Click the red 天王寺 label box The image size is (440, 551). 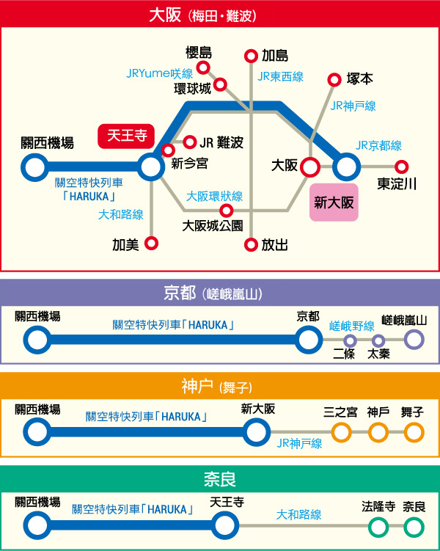coord(126,136)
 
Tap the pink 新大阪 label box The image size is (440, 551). coord(334,202)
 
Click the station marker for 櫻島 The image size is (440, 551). coord(203,67)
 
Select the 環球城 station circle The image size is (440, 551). coord(220,84)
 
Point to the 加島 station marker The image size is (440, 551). coord(251,56)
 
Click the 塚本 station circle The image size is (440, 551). coord(334,80)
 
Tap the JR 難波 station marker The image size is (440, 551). coord(190,142)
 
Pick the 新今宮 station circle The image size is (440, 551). coord(168,150)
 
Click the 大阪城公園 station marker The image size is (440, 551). coord(226,211)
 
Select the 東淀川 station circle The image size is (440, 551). coord(401,167)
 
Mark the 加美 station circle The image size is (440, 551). coord(151,243)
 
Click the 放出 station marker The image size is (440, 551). coord(251,245)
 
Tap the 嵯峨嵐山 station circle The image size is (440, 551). coord(414,340)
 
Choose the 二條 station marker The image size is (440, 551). coord(350,340)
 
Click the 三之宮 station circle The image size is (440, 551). coord(341,432)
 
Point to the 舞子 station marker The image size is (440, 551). coord(414,432)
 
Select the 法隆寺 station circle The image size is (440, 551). coord(378,527)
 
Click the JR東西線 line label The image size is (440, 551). coord(280,76)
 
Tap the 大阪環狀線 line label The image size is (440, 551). coord(214,196)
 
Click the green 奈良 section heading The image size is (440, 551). coord(220,479)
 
